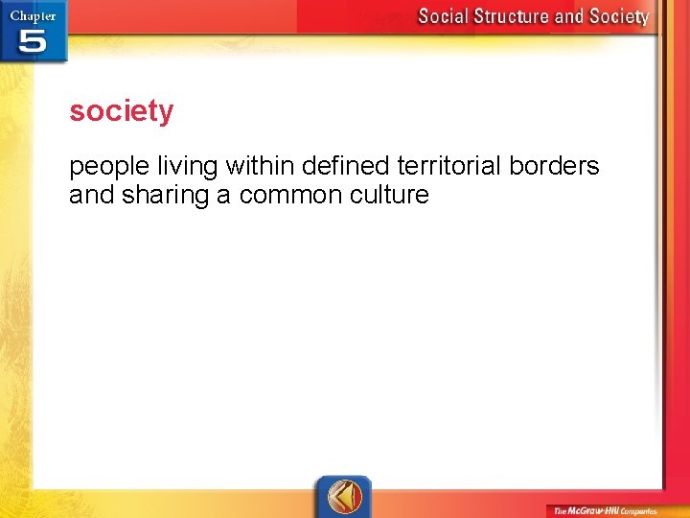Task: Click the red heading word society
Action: point(122,111)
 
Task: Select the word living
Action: point(190,167)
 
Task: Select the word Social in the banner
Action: point(448,16)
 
